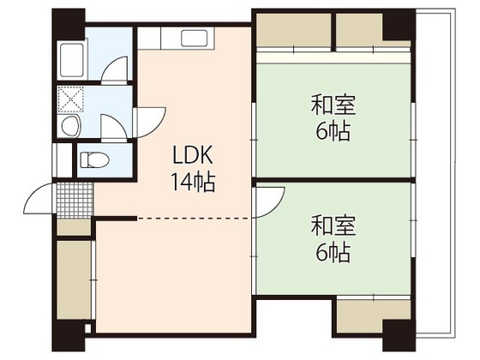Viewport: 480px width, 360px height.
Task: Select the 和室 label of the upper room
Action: pos(333,106)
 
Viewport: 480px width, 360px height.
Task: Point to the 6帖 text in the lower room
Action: pos(333,253)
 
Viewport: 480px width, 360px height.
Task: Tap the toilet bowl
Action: pos(92,159)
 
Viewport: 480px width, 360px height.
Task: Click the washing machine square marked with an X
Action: pos(70,99)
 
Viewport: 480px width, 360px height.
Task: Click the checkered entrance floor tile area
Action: pos(75,199)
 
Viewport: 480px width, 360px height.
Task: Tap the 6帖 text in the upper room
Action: pos(333,133)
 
